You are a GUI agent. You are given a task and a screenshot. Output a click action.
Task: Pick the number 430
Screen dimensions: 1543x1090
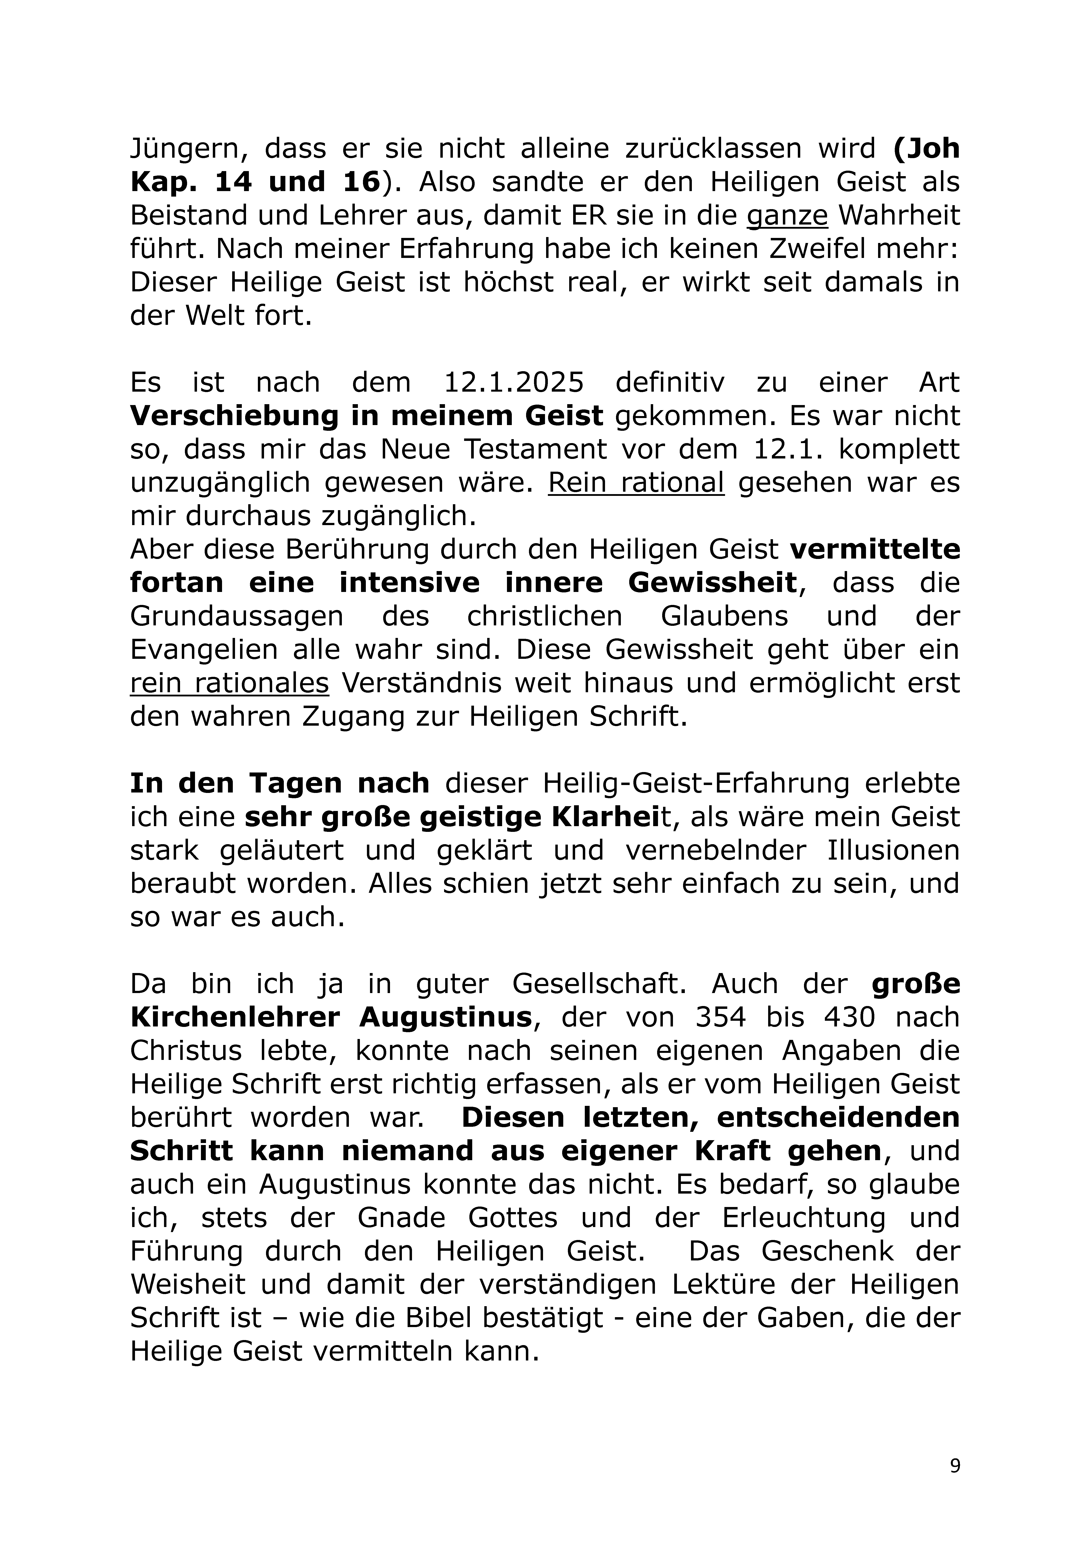click(x=850, y=1017)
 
